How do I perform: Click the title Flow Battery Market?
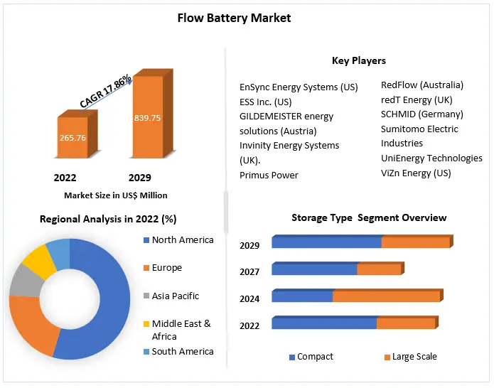pyautogui.click(x=234, y=18)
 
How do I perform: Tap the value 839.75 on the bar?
pyautogui.click(x=147, y=118)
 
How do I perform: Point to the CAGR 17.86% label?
pyautogui.click(x=105, y=91)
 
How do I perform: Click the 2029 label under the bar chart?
pyautogui.click(x=139, y=178)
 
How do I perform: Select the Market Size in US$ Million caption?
pyautogui.click(x=116, y=195)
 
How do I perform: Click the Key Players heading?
pyautogui.click(x=358, y=60)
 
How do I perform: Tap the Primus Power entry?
pyautogui.click(x=269, y=175)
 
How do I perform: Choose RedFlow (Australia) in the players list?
pyautogui.click(x=421, y=85)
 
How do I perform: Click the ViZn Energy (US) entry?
pyautogui.click(x=416, y=173)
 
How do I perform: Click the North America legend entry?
pyautogui.click(x=182, y=240)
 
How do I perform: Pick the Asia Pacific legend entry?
pyautogui.click(x=175, y=296)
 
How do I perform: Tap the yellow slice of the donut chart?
pyautogui.click(x=38, y=262)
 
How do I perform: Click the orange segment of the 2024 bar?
pyautogui.click(x=387, y=296)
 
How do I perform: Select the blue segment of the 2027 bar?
pyautogui.click(x=314, y=269)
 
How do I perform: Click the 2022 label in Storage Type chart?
pyautogui.click(x=249, y=325)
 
